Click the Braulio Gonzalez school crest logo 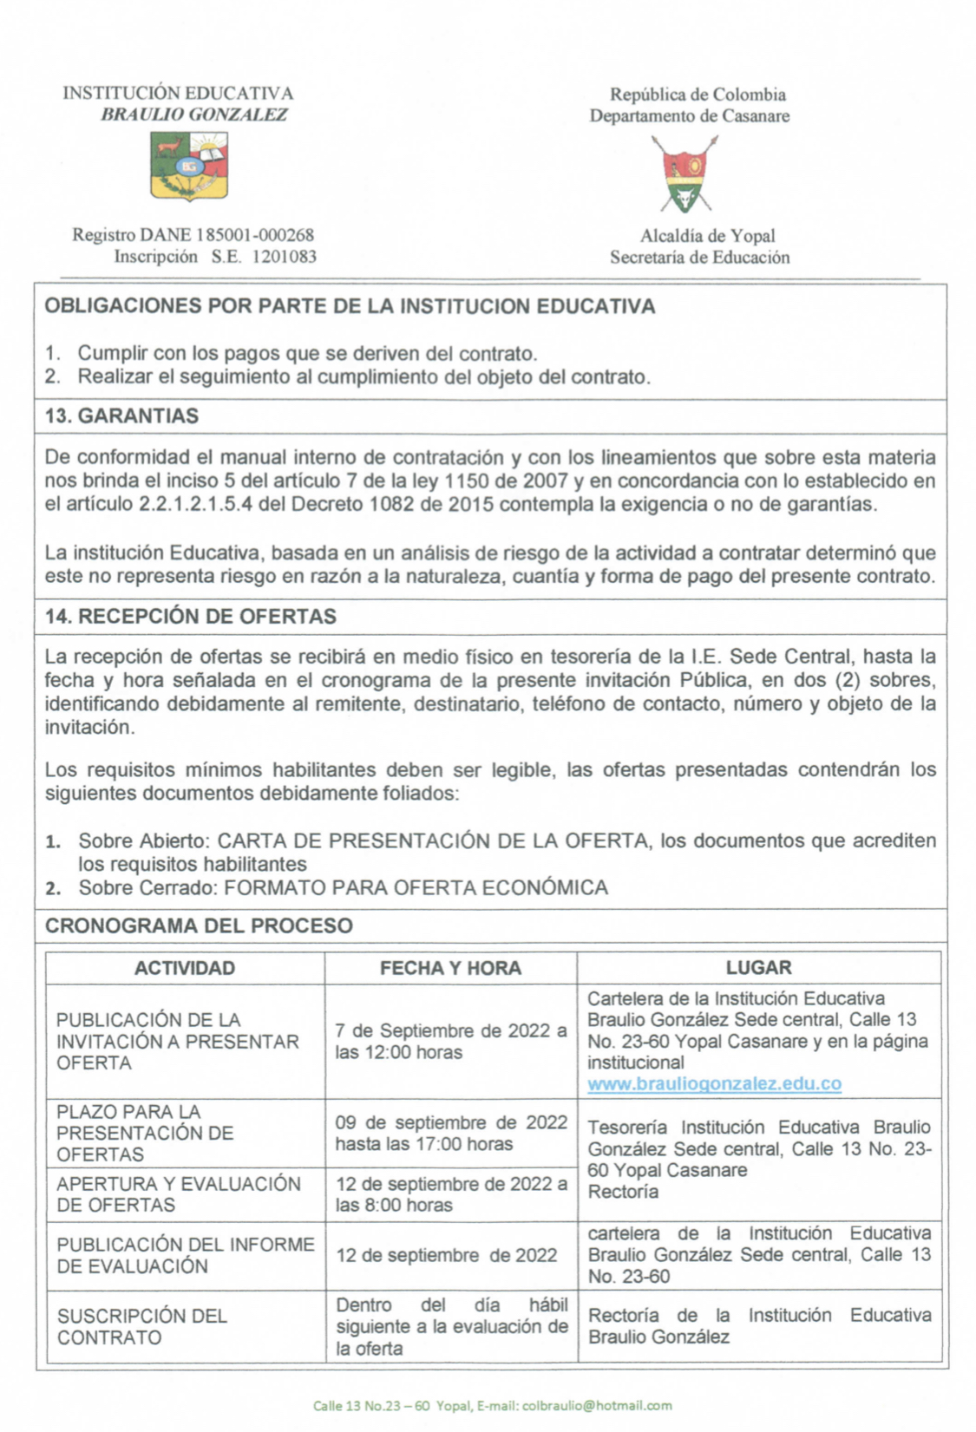pyautogui.click(x=189, y=166)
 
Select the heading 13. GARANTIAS pyautogui.click(x=121, y=416)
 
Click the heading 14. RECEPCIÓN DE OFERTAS pyautogui.click(x=190, y=617)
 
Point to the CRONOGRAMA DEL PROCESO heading pyautogui.click(x=199, y=925)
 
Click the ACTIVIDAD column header pyautogui.click(x=184, y=968)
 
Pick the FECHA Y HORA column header pyautogui.click(x=450, y=968)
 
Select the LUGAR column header pyautogui.click(x=758, y=968)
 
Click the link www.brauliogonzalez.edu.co pyautogui.click(x=714, y=1084)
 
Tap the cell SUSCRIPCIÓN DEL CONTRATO pyautogui.click(x=142, y=1326)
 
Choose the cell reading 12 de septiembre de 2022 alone pyautogui.click(x=447, y=1255)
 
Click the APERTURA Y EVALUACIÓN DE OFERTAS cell pyautogui.click(x=179, y=1194)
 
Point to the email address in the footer pyautogui.click(x=596, y=1405)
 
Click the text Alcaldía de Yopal pyautogui.click(x=707, y=236)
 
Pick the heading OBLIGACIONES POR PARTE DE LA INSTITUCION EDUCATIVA pyautogui.click(x=350, y=306)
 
